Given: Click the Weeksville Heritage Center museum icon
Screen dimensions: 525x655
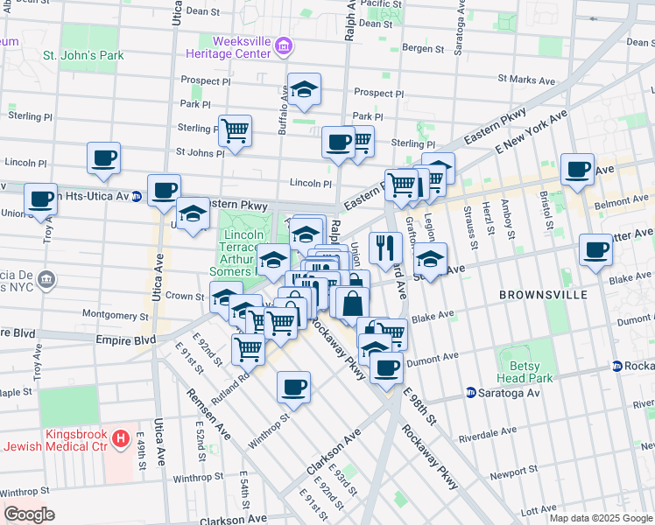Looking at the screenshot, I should [284, 45].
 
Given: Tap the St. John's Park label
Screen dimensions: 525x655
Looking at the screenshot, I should [84, 56].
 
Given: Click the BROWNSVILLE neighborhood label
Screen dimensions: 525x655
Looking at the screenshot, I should [543, 295].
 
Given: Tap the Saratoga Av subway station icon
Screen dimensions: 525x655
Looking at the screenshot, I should [470, 393].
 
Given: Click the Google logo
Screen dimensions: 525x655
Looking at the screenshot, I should [29, 514].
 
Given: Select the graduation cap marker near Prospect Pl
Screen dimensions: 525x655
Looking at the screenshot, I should [304, 89].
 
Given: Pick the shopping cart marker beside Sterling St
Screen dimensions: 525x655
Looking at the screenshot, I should [235, 131].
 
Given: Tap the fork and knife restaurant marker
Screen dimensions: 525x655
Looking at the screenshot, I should [385, 248].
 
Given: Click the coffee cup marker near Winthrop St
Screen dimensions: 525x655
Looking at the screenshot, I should [294, 387].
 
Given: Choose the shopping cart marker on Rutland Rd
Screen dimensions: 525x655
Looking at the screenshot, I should [249, 348].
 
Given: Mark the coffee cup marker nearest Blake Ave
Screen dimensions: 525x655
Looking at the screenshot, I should [595, 249].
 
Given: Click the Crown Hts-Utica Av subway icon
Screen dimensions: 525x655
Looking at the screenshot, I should [137, 196].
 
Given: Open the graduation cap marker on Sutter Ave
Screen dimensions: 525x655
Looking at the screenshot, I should [430, 260].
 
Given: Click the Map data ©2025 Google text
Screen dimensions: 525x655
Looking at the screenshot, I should [600, 518].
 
